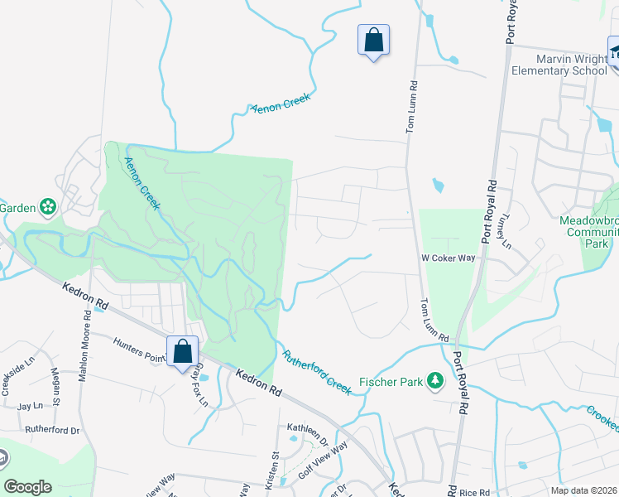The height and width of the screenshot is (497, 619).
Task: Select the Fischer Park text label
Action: coord(390,383)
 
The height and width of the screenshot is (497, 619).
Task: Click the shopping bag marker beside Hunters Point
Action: coord(182,351)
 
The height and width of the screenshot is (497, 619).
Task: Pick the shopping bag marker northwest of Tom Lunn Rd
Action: coord(373,40)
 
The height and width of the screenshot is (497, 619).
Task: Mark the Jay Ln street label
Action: coord(30,407)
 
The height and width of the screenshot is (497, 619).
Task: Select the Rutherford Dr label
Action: coord(51,431)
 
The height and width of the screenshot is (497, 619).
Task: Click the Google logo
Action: coord(28,487)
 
